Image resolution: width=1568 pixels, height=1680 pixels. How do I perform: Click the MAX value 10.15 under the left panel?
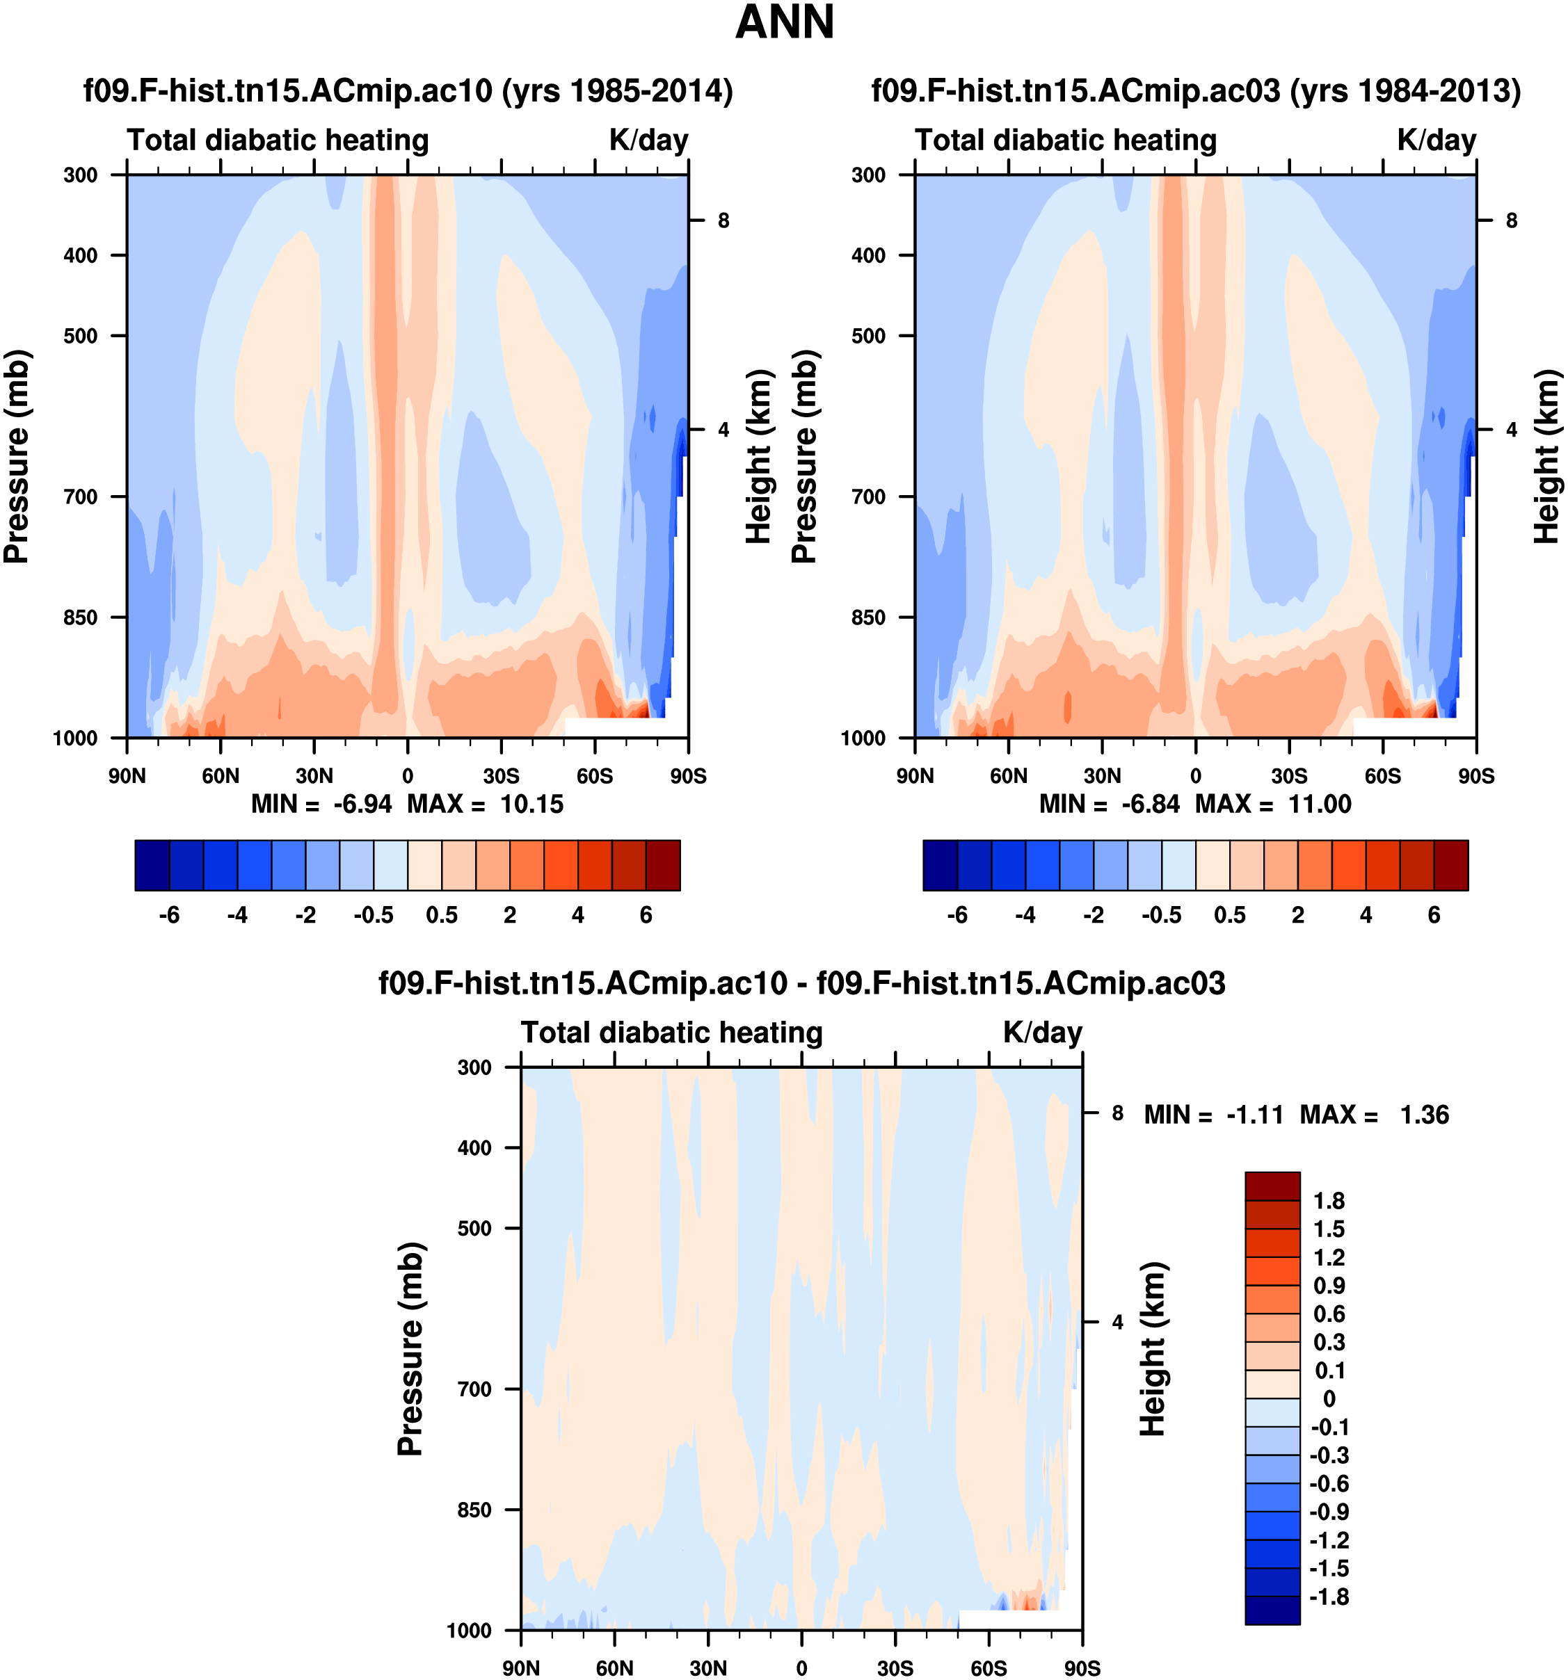(x=531, y=804)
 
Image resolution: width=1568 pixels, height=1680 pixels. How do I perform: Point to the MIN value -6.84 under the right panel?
(x=1150, y=804)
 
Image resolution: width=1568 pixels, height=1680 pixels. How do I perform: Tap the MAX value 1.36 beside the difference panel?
(x=1423, y=1115)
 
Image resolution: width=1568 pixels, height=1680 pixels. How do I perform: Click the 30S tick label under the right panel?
(x=1288, y=776)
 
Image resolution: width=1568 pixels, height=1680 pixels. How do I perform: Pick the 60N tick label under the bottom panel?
(x=614, y=1668)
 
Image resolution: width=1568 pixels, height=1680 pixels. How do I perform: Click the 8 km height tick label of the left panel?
(x=723, y=220)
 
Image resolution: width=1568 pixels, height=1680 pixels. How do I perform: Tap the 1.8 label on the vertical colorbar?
(x=1328, y=1201)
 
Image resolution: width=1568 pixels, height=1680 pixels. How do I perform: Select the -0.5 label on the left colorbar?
(x=374, y=915)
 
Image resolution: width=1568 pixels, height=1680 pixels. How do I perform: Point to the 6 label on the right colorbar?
(x=1434, y=915)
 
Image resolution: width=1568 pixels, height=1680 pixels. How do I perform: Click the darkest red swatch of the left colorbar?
(x=663, y=865)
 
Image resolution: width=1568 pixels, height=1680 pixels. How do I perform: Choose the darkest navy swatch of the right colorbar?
(x=939, y=865)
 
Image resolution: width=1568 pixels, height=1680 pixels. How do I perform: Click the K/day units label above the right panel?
(x=1436, y=140)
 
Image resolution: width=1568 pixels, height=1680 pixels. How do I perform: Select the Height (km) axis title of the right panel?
(x=1545, y=456)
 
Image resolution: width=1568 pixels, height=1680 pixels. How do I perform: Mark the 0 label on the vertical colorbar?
(x=1329, y=1398)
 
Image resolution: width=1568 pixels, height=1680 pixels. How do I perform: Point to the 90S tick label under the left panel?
(x=688, y=776)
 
